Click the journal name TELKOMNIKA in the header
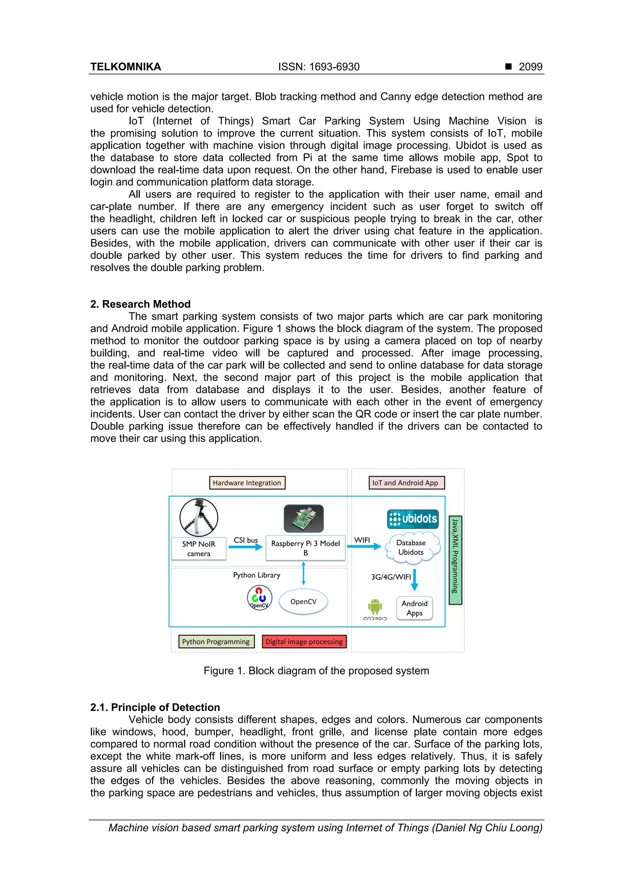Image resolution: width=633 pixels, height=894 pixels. pos(125,67)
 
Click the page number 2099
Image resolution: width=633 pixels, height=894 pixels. pos(530,67)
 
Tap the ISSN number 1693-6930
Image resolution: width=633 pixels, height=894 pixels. pos(334,67)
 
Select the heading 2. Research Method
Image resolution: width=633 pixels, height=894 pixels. pos(140,304)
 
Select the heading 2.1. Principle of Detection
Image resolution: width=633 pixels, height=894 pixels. pos(155,708)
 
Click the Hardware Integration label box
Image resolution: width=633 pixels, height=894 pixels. pos(247,483)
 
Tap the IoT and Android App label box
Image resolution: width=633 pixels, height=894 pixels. pos(406,483)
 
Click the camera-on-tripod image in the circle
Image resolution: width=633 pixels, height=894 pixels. pos(199,517)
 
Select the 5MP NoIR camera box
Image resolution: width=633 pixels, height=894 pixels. pos(199,549)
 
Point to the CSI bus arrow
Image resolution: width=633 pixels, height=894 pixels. pos(245,547)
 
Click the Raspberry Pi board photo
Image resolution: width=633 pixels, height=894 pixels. pos(304,519)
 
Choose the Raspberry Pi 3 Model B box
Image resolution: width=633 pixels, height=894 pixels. pos(306,548)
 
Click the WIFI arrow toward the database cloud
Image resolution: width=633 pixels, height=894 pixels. pos(364,547)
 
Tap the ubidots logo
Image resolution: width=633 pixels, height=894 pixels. pos(413,519)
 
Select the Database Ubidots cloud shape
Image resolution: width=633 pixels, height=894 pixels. pos(412,547)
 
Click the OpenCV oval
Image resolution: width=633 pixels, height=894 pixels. pos(303,602)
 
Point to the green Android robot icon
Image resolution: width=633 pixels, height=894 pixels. pos(375,606)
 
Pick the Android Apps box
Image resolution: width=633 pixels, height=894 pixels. pos(415,608)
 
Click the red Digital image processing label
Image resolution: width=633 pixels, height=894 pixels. pos(304,642)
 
